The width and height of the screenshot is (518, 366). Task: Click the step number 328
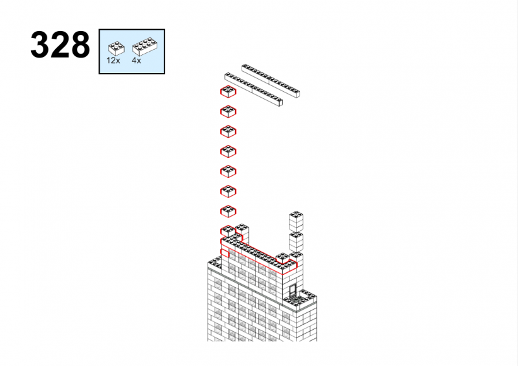tap(60, 45)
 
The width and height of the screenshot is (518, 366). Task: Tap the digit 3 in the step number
tap(40, 45)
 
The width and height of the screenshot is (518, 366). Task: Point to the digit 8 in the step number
tap(80, 45)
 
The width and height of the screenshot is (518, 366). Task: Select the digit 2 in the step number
tap(60, 45)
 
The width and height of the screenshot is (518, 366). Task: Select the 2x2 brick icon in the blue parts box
tap(117, 48)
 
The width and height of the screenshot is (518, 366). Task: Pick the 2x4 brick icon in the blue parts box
tap(144, 47)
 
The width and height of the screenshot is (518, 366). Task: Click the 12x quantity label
tap(113, 60)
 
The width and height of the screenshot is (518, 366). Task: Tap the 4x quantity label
tap(136, 60)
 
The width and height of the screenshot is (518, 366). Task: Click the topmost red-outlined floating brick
tap(228, 92)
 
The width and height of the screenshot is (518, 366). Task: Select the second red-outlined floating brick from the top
tap(228, 112)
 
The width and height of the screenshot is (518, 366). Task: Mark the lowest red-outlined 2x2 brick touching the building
tap(228, 231)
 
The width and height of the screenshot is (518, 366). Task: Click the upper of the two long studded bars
tap(271, 81)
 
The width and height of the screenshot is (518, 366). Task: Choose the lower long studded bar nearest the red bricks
tap(253, 89)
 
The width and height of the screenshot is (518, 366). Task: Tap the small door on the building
tap(293, 291)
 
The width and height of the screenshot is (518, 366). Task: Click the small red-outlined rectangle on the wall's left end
tap(225, 253)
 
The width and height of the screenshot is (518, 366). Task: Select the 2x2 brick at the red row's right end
tap(283, 259)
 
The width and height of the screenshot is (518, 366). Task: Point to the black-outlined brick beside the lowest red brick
tap(243, 233)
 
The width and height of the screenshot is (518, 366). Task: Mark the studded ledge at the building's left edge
tap(214, 263)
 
